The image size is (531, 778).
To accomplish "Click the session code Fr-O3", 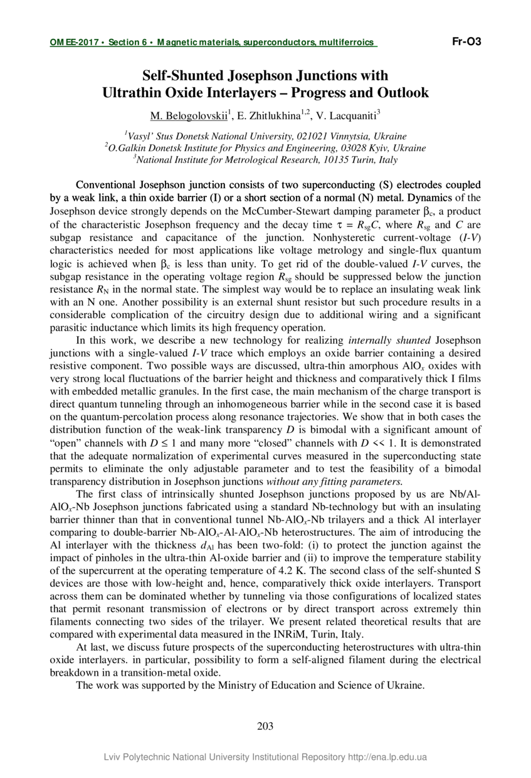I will pos(466,42).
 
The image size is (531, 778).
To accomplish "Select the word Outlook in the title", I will pos(402,93).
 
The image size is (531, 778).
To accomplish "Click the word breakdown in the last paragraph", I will pos(72,671).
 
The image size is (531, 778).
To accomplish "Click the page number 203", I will pos(265,727).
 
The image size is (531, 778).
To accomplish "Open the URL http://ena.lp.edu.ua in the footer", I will pos(387,757).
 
